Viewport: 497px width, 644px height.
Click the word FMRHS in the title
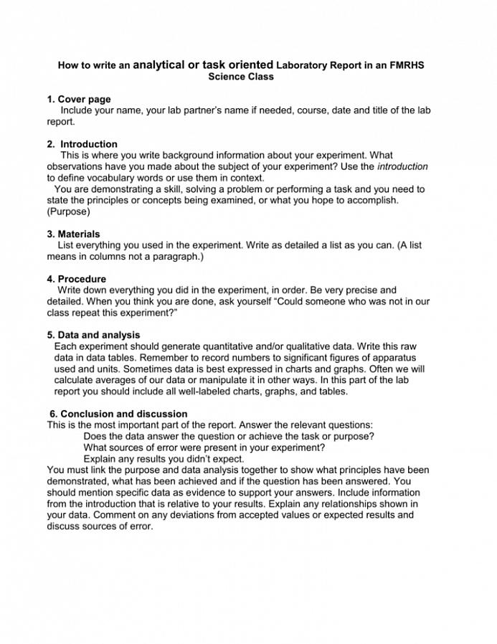[x=407, y=65]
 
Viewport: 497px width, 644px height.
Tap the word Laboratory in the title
[x=301, y=65]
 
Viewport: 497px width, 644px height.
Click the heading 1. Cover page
[x=79, y=99]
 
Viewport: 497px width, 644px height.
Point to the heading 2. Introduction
[x=82, y=144]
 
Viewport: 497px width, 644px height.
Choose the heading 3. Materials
[x=74, y=234]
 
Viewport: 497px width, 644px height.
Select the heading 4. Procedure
[x=77, y=279]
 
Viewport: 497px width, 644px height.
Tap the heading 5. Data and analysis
[x=94, y=335]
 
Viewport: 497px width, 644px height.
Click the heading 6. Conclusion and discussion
[x=118, y=414]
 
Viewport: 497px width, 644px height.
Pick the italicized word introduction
[x=402, y=166]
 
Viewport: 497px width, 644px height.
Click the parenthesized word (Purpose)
[x=69, y=212]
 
